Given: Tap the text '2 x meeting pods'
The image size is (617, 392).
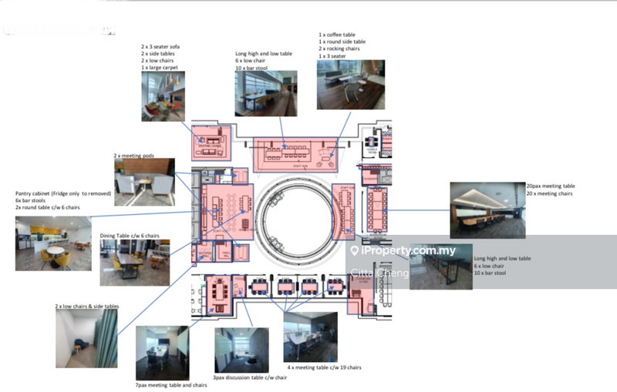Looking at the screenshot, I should tap(134, 156).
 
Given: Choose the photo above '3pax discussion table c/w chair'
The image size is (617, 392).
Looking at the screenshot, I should tap(241, 350).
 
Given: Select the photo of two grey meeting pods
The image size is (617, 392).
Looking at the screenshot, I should tap(144, 182).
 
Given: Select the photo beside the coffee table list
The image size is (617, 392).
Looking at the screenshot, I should tap(350, 84).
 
